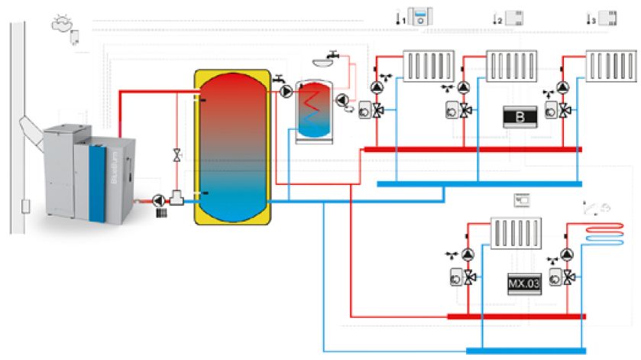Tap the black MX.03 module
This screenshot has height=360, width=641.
click(x=521, y=284)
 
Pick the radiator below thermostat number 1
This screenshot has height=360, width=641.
click(x=428, y=66)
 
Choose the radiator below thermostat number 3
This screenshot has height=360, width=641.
click(x=610, y=66)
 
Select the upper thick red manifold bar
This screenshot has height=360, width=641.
click(x=473, y=149)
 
